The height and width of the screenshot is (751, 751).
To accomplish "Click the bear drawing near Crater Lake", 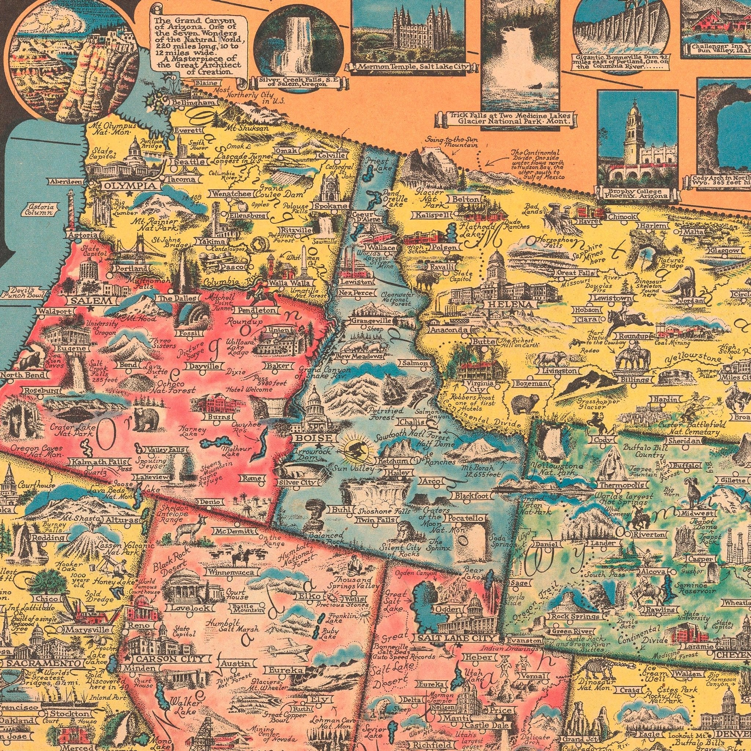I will pyautogui.click(x=146, y=419).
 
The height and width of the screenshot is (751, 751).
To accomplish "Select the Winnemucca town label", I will pyautogui.click(x=231, y=572).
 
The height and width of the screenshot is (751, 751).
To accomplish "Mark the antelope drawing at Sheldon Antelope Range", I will pyautogui.click(x=186, y=528).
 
